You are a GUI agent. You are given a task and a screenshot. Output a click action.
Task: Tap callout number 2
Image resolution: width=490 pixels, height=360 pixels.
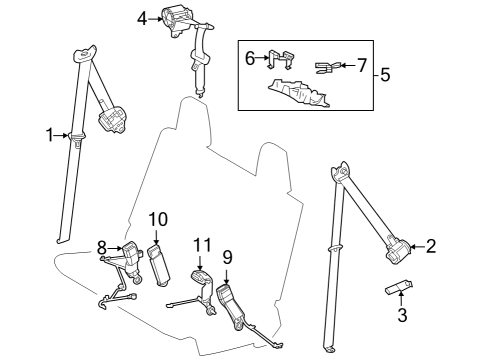click(x=431, y=246)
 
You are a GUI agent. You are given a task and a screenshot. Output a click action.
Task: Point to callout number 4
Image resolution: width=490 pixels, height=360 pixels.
click(x=142, y=17)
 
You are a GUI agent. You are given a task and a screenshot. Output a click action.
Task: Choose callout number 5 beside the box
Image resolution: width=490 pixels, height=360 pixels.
click(x=385, y=75)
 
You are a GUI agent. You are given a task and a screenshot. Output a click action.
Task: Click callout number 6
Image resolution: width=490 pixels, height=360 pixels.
click(x=250, y=59)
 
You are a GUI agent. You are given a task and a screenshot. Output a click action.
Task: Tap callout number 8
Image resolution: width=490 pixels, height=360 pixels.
click(x=102, y=247)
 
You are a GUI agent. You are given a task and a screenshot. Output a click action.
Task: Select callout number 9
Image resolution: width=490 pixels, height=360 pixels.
click(x=227, y=258)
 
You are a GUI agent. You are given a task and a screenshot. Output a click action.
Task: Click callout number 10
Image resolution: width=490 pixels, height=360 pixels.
click(x=157, y=220)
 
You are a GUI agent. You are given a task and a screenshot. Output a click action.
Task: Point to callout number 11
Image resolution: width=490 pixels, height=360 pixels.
click(x=203, y=244)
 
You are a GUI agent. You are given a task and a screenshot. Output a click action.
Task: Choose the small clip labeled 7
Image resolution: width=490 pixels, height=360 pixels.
click(x=325, y=68)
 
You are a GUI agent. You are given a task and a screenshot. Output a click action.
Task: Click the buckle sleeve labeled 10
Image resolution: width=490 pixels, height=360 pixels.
click(x=160, y=261)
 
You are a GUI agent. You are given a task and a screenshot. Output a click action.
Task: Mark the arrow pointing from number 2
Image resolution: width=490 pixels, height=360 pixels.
click(x=417, y=246)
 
